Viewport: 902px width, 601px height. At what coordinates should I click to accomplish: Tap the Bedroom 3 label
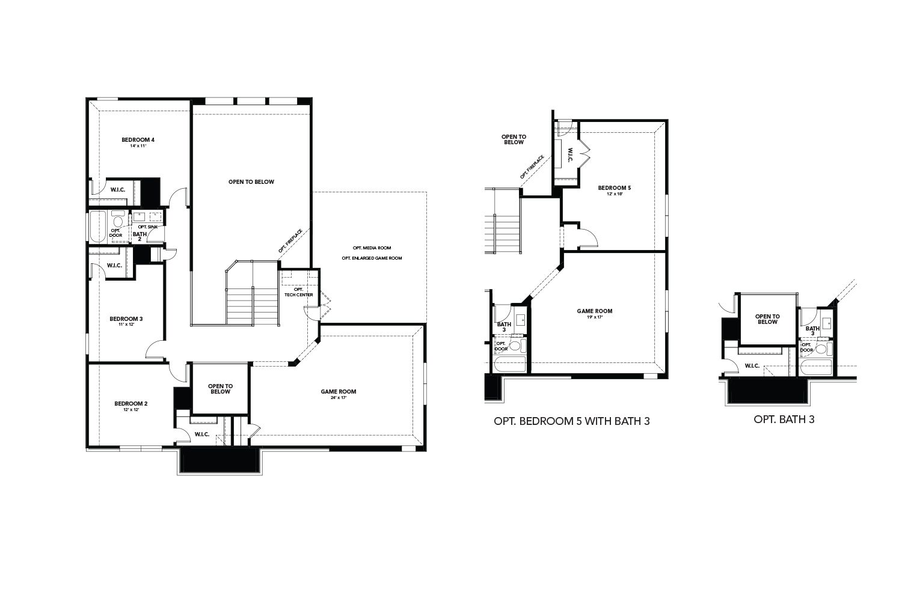[126, 319]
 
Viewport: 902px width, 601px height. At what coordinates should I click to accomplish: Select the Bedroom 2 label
[131, 403]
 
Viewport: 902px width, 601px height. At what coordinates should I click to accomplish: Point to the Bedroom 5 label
[615, 188]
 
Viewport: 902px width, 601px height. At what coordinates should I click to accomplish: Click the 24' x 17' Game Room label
[338, 392]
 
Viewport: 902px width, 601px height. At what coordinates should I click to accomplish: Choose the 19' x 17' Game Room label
[595, 311]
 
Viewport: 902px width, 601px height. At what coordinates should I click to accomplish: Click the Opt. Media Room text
[372, 248]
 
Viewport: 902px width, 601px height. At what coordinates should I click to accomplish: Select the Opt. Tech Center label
[298, 292]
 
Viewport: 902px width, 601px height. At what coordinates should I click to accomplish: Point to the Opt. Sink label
[147, 227]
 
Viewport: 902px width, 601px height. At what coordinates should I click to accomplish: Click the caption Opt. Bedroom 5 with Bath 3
[571, 421]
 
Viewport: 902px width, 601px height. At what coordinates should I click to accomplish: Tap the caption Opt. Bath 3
[784, 419]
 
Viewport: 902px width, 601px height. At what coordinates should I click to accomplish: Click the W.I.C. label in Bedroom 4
[117, 190]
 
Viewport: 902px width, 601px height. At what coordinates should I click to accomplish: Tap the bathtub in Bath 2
[97, 226]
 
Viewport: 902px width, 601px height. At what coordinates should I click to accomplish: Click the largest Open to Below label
[251, 182]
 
